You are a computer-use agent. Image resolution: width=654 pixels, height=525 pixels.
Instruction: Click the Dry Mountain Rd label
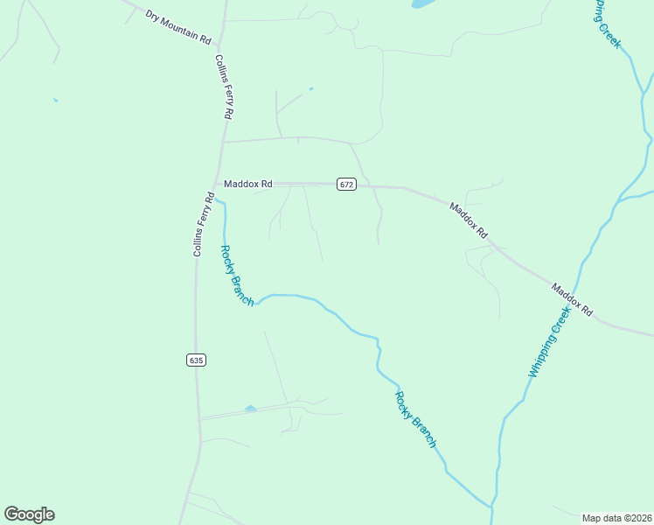point(178,28)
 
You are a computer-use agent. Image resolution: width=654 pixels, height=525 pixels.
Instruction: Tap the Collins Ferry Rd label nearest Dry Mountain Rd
point(224,87)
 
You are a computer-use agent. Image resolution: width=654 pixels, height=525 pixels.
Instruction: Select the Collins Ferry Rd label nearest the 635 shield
point(204,224)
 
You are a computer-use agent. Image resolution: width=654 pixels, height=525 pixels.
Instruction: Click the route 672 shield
point(346,184)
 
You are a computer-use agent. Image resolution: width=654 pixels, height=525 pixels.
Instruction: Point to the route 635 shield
point(196,360)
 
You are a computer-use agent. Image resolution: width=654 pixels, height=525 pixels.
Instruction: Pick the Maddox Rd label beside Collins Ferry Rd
point(248,184)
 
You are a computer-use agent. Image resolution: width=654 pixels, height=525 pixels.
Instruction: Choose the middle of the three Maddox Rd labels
point(468,220)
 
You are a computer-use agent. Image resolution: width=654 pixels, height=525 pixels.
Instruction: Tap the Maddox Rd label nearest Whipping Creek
point(572,298)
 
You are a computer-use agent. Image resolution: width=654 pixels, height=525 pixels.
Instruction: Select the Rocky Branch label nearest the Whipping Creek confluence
point(415,420)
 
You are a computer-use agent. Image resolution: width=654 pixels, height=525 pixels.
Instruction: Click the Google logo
point(29,514)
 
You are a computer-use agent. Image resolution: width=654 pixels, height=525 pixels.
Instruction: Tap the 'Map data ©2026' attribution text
point(616,518)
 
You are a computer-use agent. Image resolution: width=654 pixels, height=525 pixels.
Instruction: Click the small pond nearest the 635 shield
point(251,408)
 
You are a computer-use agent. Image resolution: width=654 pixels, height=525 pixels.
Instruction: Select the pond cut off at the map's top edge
point(421,3)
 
